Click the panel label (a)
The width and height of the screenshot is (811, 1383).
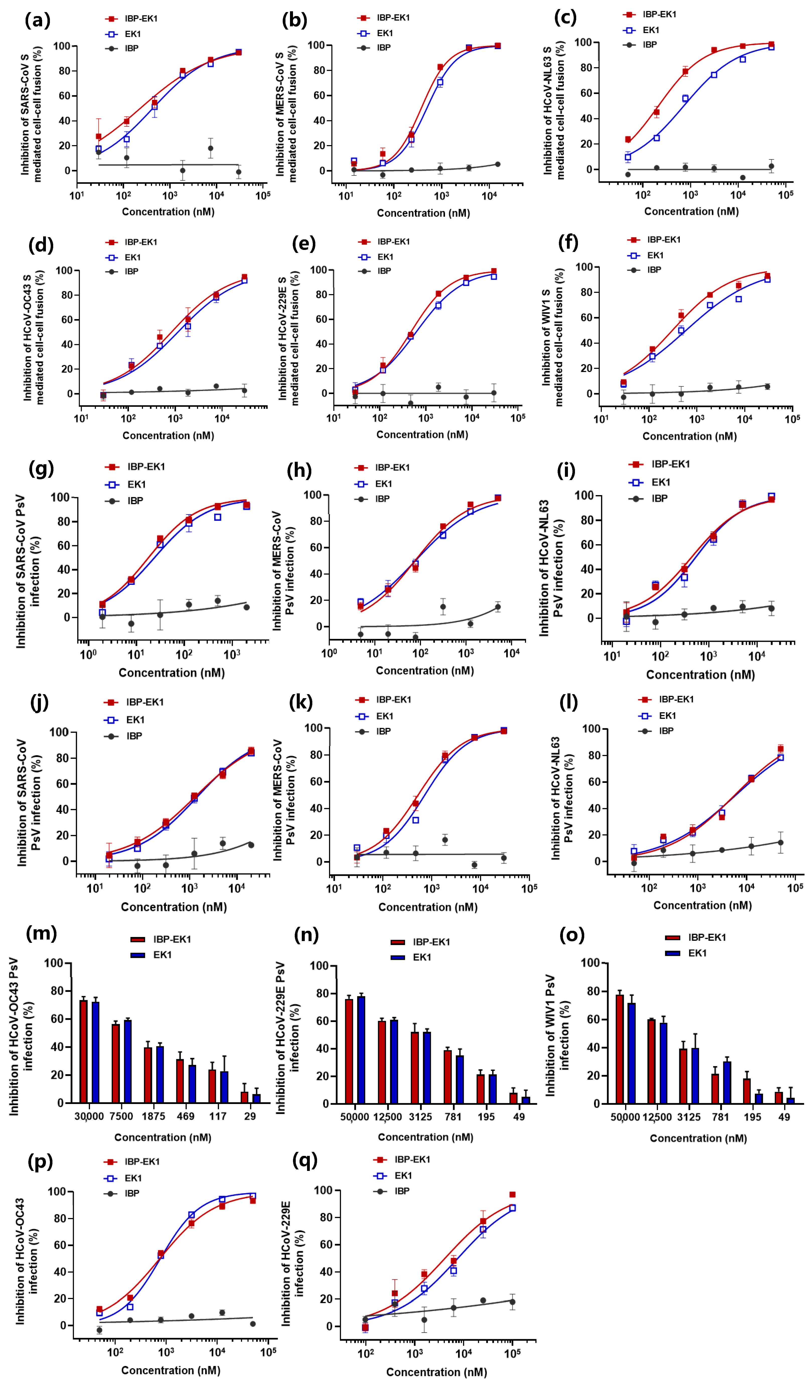(x=37, y=20)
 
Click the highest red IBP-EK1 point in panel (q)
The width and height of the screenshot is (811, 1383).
(x=512, y=1195)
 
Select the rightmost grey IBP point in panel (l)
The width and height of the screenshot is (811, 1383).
(x=780, y=843)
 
